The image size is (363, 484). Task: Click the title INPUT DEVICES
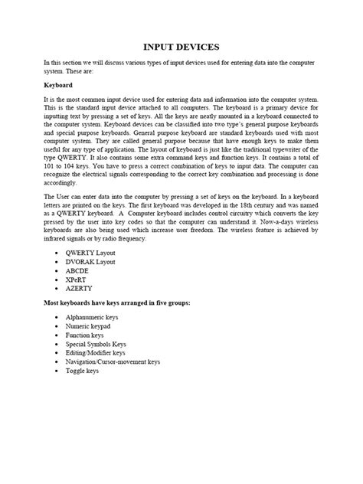pyautogui.click(x=181, y=47)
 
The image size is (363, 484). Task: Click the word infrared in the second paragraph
pyautogui.click(x=59, y=239)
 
